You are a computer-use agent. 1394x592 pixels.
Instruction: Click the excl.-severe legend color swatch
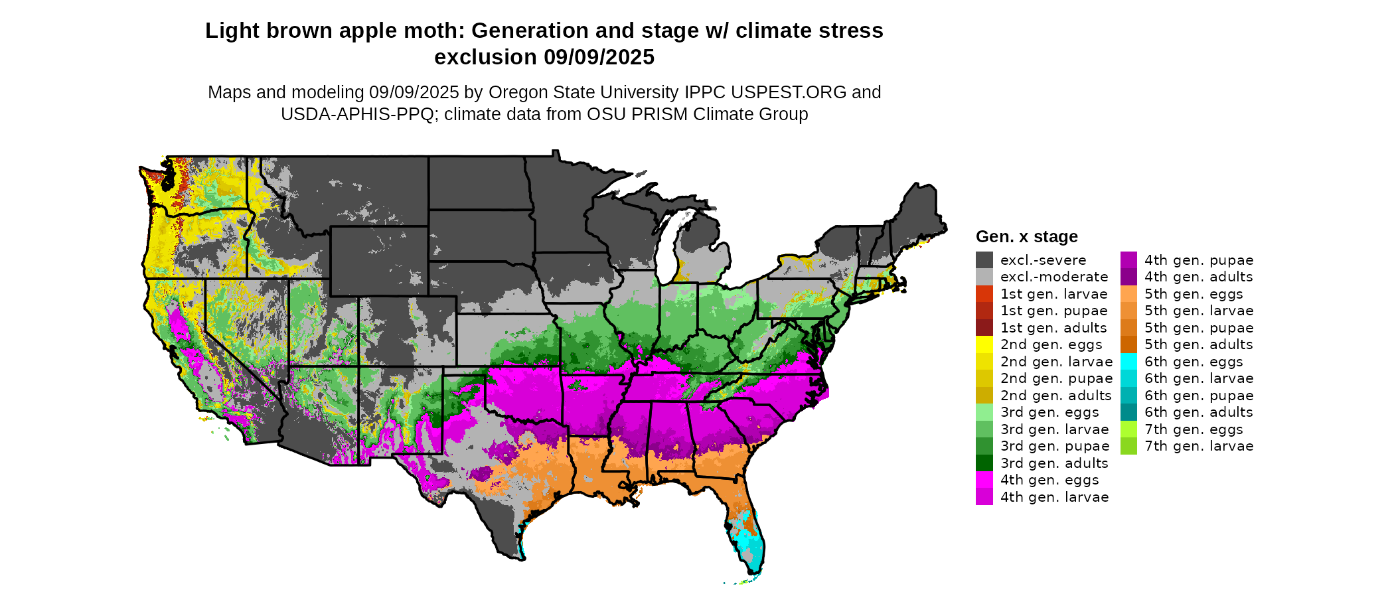point(984,260)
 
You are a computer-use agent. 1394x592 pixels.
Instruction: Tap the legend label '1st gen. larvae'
point(1054,294)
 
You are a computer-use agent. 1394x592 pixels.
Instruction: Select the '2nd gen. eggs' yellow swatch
point(984,344)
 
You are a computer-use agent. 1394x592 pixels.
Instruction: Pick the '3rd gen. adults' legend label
point(1054,463)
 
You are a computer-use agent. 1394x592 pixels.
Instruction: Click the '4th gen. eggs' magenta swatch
point(984,480)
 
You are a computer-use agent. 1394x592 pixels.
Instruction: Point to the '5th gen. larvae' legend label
point(1199,311)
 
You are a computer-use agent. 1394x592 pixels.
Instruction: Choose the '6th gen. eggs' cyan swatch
point(1128,362)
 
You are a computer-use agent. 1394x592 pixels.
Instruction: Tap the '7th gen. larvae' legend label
point(1199,446)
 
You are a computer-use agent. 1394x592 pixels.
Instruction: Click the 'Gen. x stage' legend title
point(1026,237)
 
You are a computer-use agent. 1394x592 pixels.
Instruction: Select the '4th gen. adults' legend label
point(1199,277)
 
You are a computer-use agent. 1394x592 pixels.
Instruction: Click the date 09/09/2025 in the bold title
point(599,58)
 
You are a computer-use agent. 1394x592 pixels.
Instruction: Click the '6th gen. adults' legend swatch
point(1128,412)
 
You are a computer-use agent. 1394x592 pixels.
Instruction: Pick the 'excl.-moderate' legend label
point(1054,277)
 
